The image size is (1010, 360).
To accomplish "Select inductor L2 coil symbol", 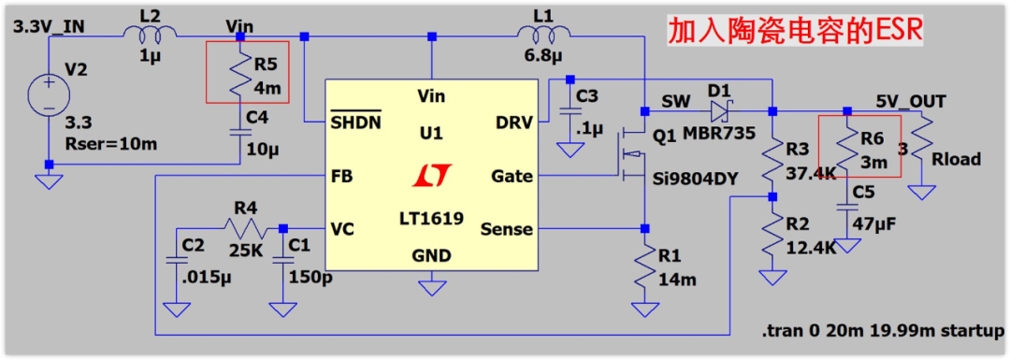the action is coord(150,31).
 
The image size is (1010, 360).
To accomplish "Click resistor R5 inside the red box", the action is coord(239,73).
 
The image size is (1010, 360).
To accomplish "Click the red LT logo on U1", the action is coord(431,175).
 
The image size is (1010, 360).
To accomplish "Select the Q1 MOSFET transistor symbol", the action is coord(631,153).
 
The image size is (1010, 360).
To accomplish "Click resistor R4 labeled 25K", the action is coord(244,228).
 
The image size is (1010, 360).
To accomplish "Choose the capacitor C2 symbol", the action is coord(172,262).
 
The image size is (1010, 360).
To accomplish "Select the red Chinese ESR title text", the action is coord(794,30).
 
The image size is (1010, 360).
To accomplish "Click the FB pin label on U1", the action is coord(341,175).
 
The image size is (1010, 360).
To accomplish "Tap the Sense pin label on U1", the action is coord(506,228).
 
